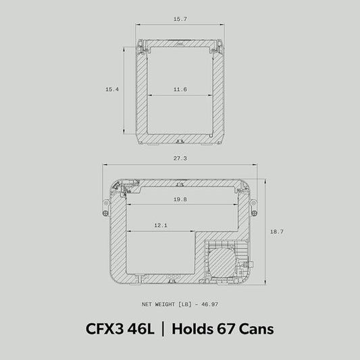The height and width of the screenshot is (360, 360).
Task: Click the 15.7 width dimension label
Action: pos(180,19)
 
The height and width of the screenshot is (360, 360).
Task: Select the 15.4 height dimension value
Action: pos(112,89)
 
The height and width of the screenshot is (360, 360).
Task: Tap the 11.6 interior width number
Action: pos(180,89)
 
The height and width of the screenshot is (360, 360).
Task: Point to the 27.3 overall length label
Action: pos(180,158)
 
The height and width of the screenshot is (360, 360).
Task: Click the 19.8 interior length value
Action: pos(180,199)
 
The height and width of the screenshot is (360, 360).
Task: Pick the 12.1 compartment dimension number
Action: pos(161,225)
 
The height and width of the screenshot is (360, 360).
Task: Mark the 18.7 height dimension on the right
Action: pos(277,232)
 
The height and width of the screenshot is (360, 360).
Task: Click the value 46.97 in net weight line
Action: pos(209,305)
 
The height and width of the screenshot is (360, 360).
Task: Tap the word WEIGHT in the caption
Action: pos(165,305)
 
